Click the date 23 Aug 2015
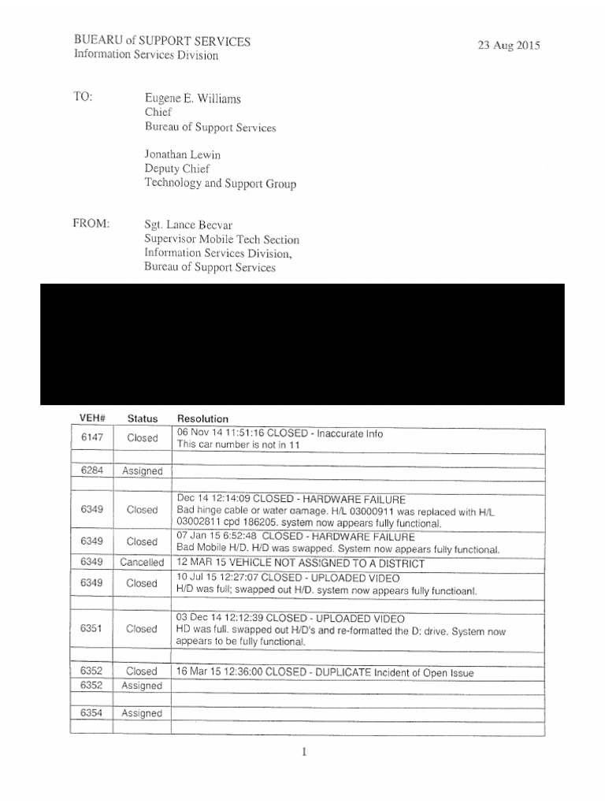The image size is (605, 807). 508,46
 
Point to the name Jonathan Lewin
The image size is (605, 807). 181,154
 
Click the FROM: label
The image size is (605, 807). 91,224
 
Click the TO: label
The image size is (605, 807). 83,98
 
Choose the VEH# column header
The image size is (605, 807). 92,418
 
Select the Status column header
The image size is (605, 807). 142,418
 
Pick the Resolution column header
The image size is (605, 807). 202,418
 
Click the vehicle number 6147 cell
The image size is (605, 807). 92,437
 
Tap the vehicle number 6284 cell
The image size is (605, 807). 92,470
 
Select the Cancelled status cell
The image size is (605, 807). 142,563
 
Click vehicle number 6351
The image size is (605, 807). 92,629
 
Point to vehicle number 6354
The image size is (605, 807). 92,713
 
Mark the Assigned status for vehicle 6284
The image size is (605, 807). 142,470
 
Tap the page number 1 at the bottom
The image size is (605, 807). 303,752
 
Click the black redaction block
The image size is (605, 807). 302,344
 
